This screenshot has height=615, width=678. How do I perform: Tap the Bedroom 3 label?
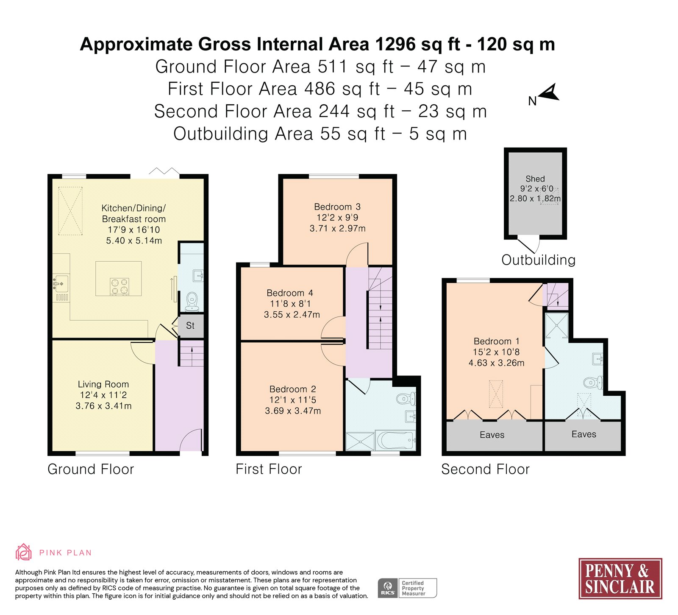[x=337, y=207]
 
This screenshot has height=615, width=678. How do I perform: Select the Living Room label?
[x=103, y=384]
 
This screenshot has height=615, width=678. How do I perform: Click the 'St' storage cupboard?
[x=191, y=326]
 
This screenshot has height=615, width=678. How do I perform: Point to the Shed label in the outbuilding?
[x=535, y=179]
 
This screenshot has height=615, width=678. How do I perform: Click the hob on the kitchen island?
[x=119, y=286]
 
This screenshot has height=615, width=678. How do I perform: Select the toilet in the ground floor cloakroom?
[x=192, y=301]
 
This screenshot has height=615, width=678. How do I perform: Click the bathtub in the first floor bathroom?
[x=395, y=440]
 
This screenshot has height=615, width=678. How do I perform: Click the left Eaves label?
[x=492, y=435]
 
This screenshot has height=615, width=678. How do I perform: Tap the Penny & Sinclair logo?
[x=620, y=579]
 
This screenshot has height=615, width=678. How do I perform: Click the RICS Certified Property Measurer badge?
[x=407, y=588]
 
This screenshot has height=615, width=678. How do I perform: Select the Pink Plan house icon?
[x=24, y=552]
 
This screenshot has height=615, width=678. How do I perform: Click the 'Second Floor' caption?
[x=486, y=469]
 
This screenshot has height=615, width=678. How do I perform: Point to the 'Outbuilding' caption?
[x=539, y=260]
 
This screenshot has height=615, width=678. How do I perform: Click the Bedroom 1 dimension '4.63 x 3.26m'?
[x=497, y=363]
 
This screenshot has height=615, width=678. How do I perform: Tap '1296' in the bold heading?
[x=395, y=44]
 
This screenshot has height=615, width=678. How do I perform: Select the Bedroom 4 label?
[x=290, y=293]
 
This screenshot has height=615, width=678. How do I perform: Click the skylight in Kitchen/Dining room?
[x=70, y=211]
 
